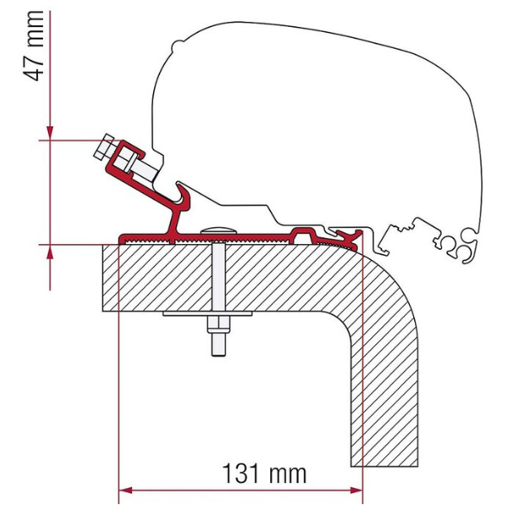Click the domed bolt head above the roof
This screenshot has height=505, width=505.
(218, 229)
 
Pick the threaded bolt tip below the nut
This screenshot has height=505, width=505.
(218, 344)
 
